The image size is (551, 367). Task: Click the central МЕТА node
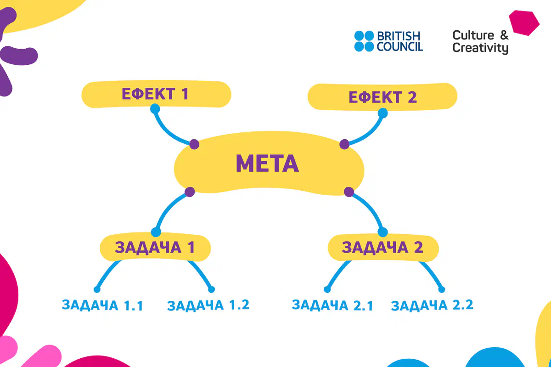pyautogui.click(x=269, y=164)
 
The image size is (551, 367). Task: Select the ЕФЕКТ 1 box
pyautogui.click(x=156, y=94)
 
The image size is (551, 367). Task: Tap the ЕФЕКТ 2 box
pyautogui.click(x=382, y=97)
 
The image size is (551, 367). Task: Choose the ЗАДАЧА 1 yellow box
pyautogui.click(x=155, y=247)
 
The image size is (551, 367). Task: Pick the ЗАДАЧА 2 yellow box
pyautogui.click(x=383, y=248)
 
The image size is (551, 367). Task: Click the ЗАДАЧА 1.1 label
pyautogui.click(x=102, y=305)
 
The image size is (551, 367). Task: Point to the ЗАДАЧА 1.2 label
pyautogui.click(x=208, y=305)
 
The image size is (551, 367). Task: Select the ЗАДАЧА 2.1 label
pyautogui.click(x=332, y=305)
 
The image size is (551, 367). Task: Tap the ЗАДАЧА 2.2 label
pyautogui.click(x=432, y=305)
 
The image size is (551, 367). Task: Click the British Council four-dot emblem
pyautogui.click(x=364, y=41)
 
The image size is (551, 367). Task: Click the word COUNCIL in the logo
pyautogui.click(x=400, y=46)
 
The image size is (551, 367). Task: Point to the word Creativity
pyautogui.click(x=480, y=48)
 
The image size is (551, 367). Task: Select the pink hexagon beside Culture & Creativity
pyautogui.click(x=524, y=23)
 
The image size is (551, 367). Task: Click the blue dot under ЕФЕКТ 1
pyautogui.click(x=155, y=109)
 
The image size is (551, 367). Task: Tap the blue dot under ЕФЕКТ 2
pyautogui.click(x=383, y=113)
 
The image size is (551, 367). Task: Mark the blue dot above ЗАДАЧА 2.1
pyautogui.click(x=327, y=289)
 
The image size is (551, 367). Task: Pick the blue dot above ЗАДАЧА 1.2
pyautogui.click(x=212, y=289)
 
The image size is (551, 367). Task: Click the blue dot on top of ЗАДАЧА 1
pyautogui.click(x=156, y=232)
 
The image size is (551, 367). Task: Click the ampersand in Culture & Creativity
pyautogui.click(x=504, y=35)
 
